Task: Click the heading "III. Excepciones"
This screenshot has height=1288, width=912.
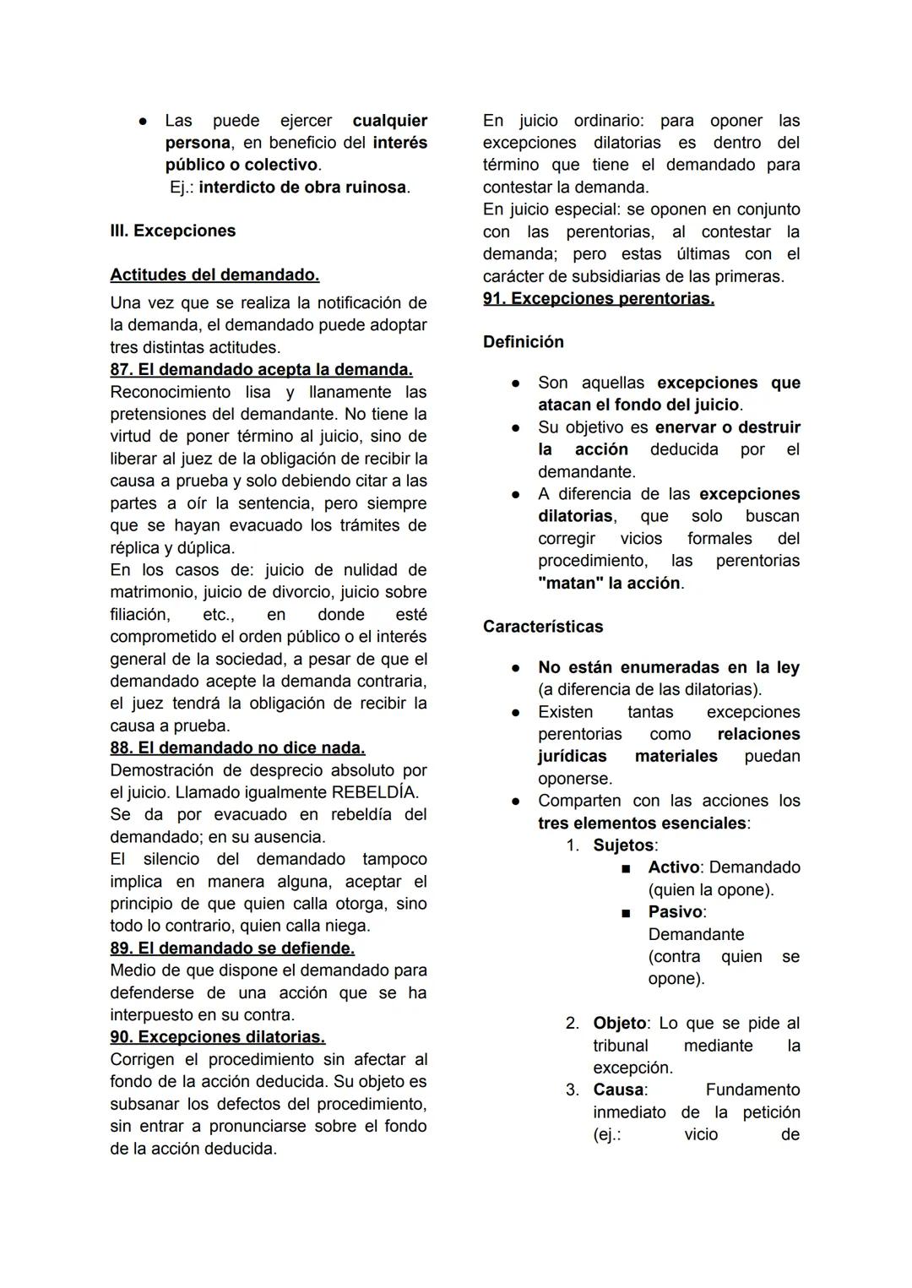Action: pos(172,231)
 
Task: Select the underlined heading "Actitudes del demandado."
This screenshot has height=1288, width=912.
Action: pos(214,274)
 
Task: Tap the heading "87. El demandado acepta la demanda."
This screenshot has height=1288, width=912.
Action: pos(261,369)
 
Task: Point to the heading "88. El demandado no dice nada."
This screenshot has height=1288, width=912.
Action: pos(237,747)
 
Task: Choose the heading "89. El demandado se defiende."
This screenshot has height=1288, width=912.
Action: pos(232,948)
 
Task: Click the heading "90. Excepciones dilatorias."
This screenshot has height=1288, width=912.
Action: pos(217,1036)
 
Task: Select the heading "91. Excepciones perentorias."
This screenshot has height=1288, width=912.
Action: pos(598,298)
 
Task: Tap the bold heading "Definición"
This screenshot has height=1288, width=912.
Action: pos(523,342)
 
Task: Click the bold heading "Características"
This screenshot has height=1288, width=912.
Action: pos(543,627)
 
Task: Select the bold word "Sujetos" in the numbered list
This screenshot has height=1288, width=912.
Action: pos(623,845)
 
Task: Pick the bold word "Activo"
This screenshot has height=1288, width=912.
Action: pos(673,867)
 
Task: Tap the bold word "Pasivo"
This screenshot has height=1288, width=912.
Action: pos(675,912)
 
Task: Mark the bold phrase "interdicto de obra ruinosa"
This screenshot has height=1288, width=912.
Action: pos(302,187)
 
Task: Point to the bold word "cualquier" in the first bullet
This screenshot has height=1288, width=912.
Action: pos(389,121)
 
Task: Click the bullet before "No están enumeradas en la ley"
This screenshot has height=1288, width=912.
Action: pos(514,667)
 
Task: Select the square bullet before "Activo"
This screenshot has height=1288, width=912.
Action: pos(626,868)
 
